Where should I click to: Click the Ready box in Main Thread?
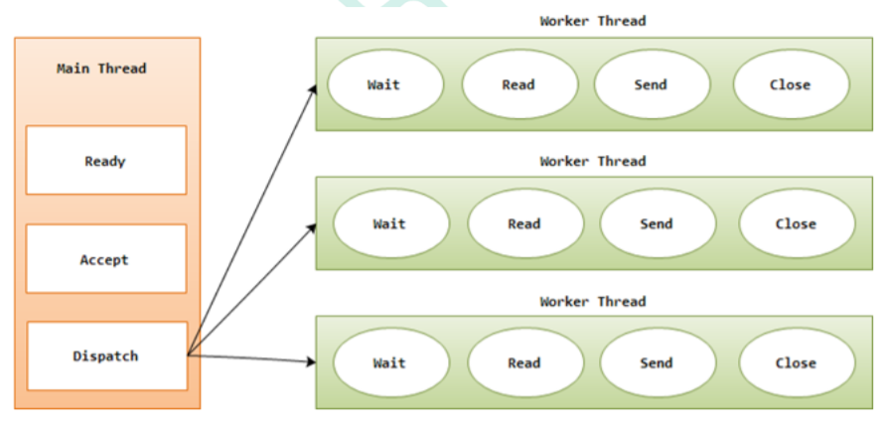click(x=105, y=161)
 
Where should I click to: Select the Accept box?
click(x=105, y=259)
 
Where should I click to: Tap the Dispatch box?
click(x=105, y=356)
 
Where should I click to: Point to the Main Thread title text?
click(x=101, y=69)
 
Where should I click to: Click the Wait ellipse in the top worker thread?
click(x=383, y=84)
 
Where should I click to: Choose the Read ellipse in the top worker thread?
click(x=518, y=84)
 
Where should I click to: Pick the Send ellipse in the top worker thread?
click(x=651, y=84)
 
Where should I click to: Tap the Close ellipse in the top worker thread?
click(x=791, y=84)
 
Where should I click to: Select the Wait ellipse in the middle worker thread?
click(x=389, y=223)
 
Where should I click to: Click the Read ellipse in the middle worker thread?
click(x=524, y=223)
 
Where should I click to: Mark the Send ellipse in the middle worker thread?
click(x=657, y=223)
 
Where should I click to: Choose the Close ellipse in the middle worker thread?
click(x=796, y=223)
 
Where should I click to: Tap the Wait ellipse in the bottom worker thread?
click(x=389, y=362)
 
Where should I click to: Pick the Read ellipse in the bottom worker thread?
click(x=524, y=362)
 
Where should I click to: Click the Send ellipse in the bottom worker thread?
click(x=657, y=362)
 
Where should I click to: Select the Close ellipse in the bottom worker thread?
click(x=796, y=362)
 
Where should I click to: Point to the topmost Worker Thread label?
click(x=593, y=21)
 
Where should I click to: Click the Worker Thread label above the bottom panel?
click(x=593, y=301)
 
